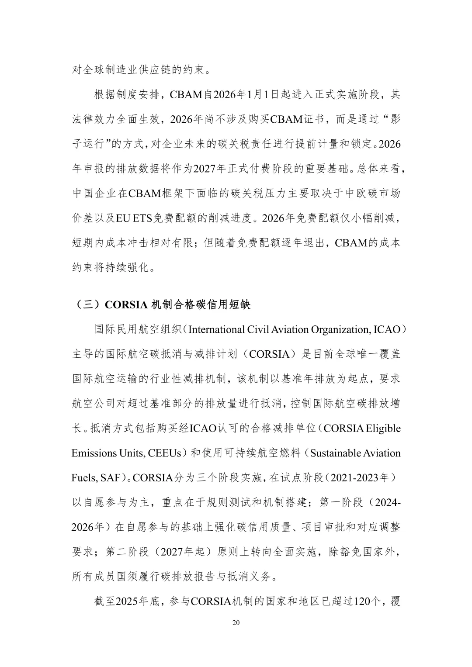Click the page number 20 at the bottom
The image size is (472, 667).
(236, 623)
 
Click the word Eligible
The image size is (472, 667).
(383, 428)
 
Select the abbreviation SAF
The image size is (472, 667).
(110, 477)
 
